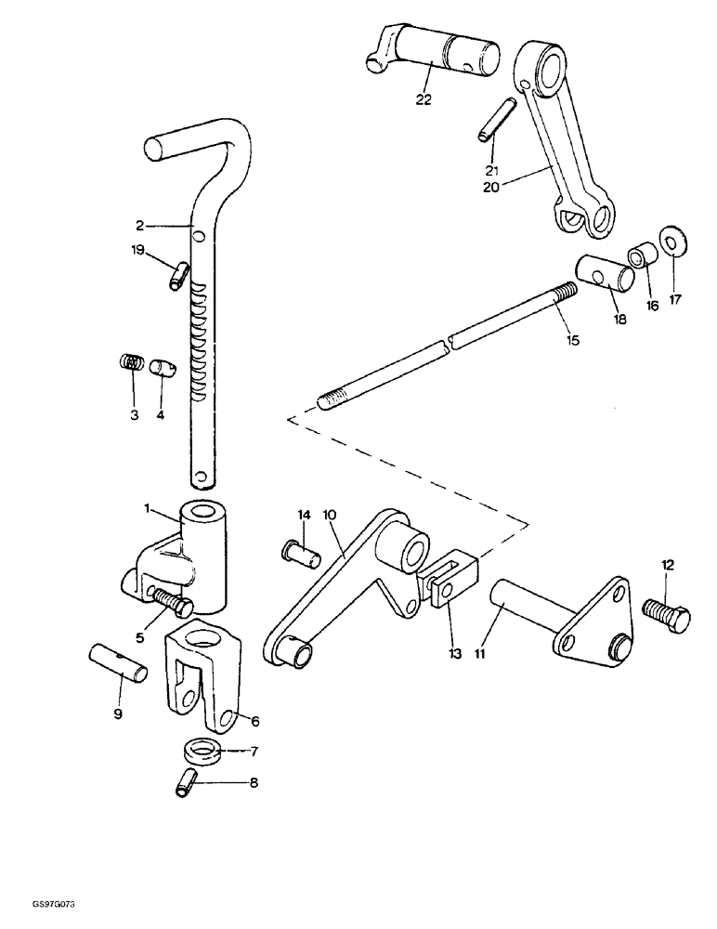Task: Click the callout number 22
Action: pos(424,101)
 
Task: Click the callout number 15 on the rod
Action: pos(573,341)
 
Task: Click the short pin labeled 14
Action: pos(300,555)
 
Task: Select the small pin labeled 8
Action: pos(185,782)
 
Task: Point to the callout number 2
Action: pos(139,225)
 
